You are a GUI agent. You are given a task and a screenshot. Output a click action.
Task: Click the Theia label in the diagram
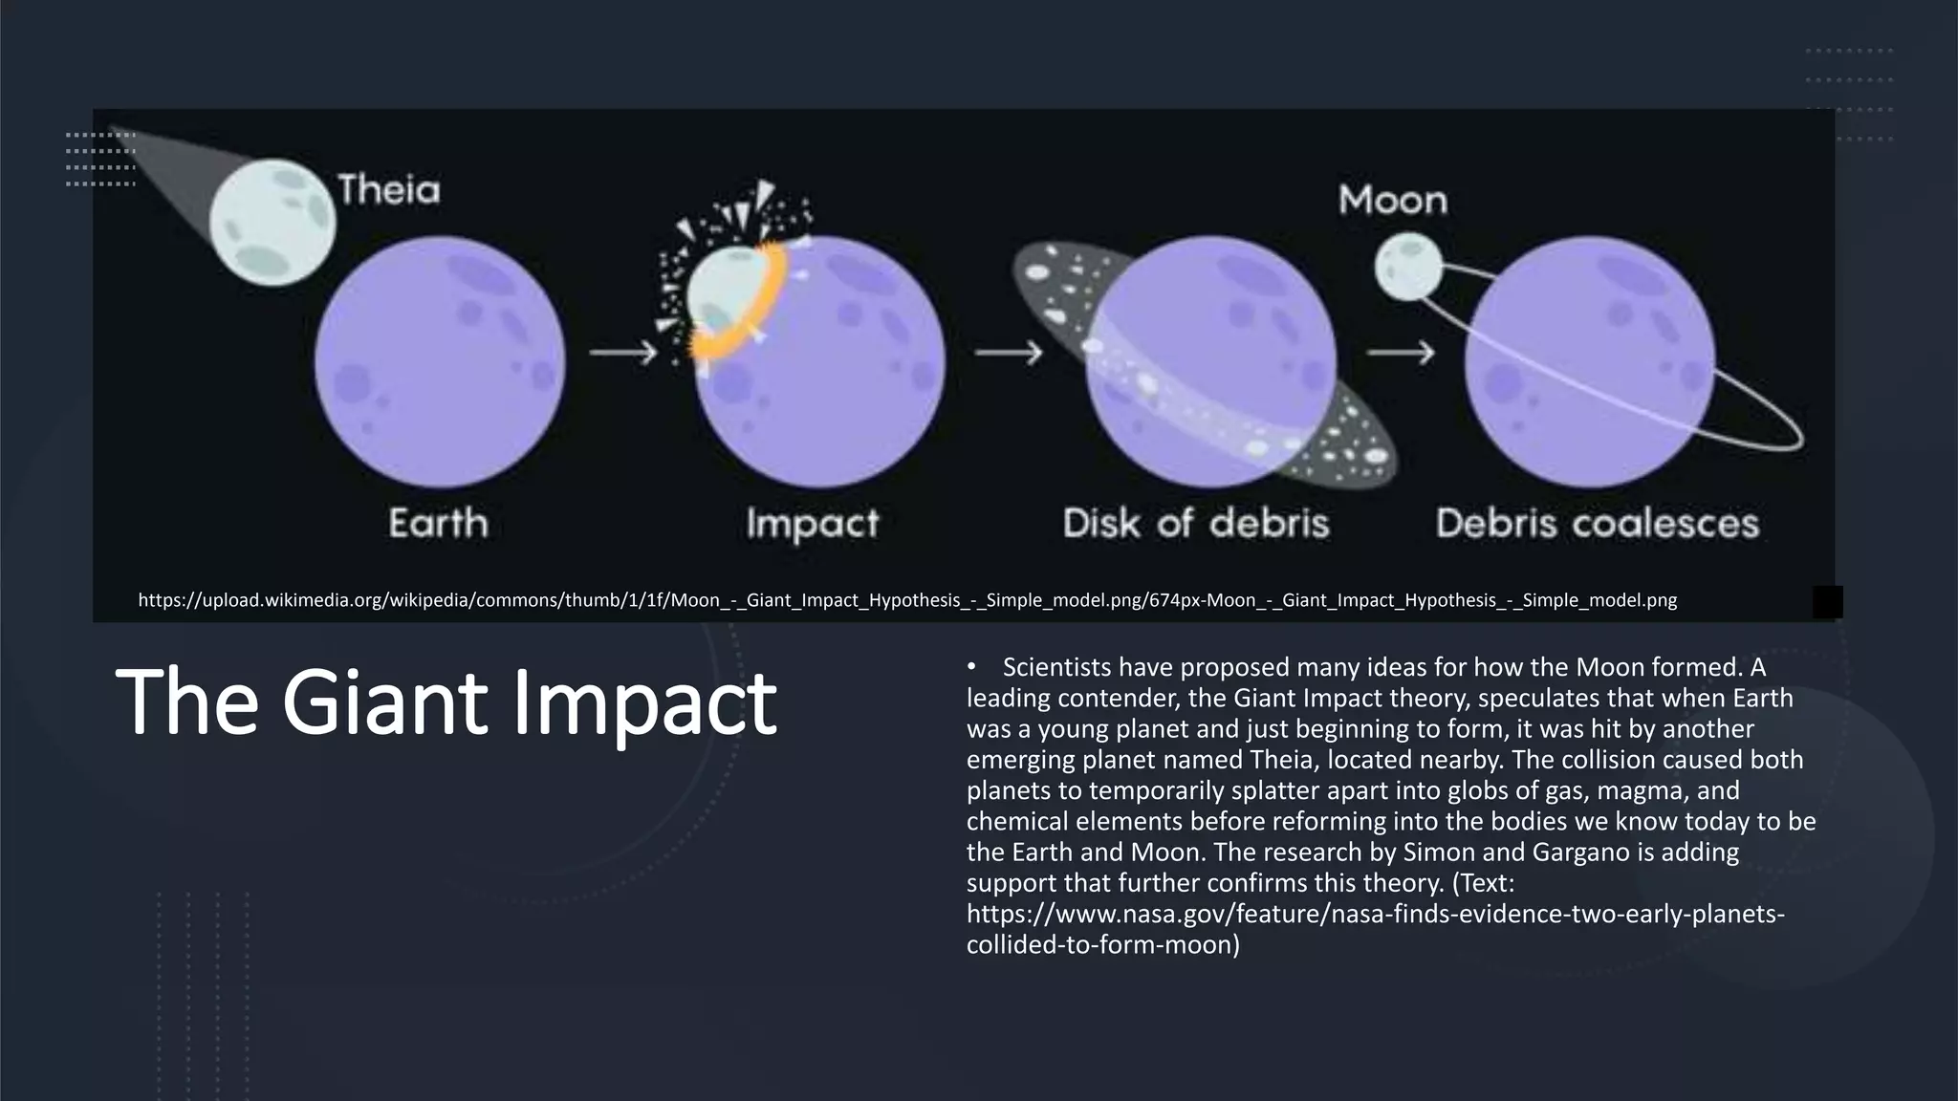click(389, 190)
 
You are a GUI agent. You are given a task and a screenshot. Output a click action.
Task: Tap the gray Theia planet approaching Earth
click(272, 223)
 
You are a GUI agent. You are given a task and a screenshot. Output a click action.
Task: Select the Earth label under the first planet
click(438, 523)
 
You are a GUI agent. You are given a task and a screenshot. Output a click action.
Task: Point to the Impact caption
click(812, 524)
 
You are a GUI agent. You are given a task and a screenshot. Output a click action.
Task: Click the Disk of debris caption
click(1196, 523)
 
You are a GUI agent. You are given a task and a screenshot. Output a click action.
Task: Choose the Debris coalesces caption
click(1597, 523)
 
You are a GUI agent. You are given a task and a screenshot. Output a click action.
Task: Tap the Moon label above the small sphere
click(1392, 201)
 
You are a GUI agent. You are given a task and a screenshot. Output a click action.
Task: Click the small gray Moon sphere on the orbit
click(1407, 268)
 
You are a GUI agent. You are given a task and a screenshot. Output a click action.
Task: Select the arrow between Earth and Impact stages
click(623, 353)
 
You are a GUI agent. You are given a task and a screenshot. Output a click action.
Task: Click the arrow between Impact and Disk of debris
click(1008, 353)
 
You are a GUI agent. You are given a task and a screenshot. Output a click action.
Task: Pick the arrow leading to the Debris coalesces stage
click(1400, 353)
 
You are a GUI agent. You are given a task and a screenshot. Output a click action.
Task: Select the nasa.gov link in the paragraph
click(1375, 915)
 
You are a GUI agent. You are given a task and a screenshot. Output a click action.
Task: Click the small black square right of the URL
click(1827, 602)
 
